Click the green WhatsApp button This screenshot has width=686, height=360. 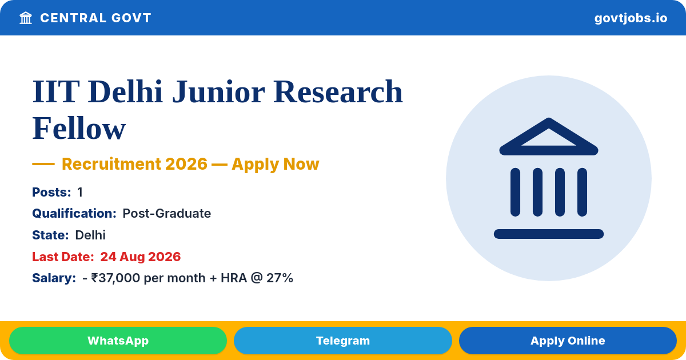(x=118, y=341)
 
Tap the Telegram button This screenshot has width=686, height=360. (x=342, y=341)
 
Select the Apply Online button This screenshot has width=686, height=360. (x=568, y=341)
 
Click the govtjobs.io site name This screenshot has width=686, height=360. (x=631, y=18)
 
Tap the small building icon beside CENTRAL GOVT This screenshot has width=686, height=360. (x=26, y=18)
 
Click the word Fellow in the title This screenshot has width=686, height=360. (x=79, y=128)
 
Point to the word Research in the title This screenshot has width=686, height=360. (x=338, y=91)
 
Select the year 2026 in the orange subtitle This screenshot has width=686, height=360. (x=186, y=164)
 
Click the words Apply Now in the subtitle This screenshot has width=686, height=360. (x=276, y=164)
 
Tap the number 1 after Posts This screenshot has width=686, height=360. (x=80, y=192)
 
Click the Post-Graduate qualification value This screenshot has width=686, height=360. (x=166, y=213)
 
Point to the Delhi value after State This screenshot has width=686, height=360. (x=90, y=235)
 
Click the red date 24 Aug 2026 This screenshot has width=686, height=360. (x=141, y=257)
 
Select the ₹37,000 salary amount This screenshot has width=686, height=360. (x=115, y=278)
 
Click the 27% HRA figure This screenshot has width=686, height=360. (x=280, y=278)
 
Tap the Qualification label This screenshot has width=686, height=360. (x=74, y=213)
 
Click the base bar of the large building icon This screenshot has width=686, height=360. (x=548, y=234)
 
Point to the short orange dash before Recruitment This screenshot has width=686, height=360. (x=43, y=164)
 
